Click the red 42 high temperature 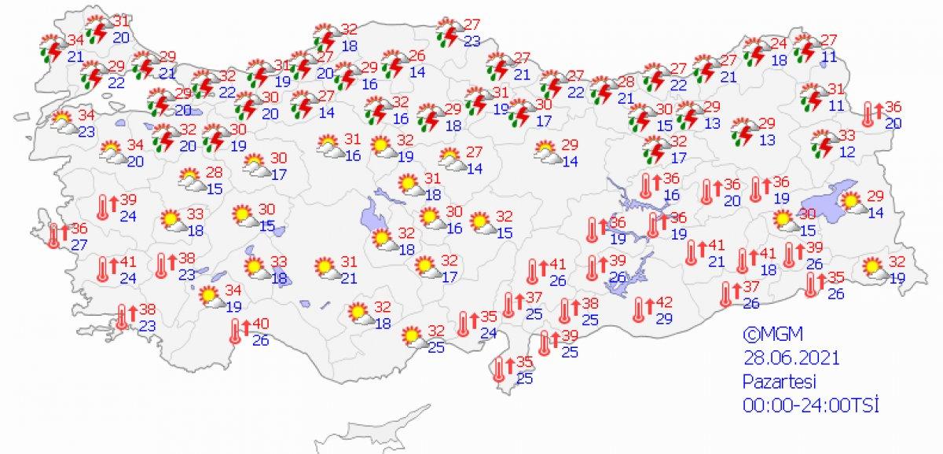coord(664,302)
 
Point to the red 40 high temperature coord(260,324)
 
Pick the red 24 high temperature coord(778,42)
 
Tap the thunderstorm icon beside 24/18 coord(757,51)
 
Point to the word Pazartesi coord(780,382)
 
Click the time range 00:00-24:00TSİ coord(810,405)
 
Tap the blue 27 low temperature coord(79,243)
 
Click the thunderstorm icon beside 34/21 coord(52,49)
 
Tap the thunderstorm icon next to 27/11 coord(805,49)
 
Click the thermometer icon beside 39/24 coord(103,207)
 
